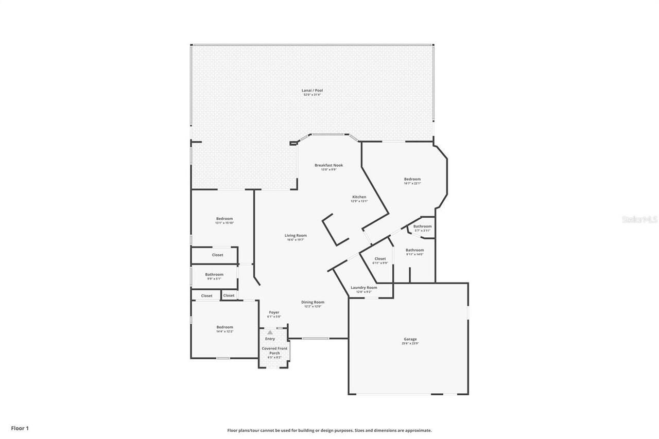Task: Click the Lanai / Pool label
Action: [x=312, y=91]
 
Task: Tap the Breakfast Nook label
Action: [x=328, y=165]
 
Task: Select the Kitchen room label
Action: [x=359, y=197]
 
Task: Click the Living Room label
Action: [x=296, y=236]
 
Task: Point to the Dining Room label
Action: [x=313, y=303]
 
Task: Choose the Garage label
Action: [x=410, y=340]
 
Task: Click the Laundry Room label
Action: [x=363, y=288]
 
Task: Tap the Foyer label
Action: [x=274, y=312]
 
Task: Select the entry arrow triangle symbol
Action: [x=270, y=332]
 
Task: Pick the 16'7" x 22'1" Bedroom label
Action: [x=412, y=180]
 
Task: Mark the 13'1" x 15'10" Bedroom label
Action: [x=224, y=219]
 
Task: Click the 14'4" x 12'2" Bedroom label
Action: [x=224, y=327]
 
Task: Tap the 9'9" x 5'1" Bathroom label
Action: [x=214, y=275]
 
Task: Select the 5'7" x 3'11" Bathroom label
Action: [x=422, y=226]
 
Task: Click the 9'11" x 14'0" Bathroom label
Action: [x=414, y=251]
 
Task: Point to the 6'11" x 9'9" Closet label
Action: [x=380, y=259]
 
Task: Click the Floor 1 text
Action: [x=20, y=428]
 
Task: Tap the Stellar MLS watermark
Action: [x=639, y=219]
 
